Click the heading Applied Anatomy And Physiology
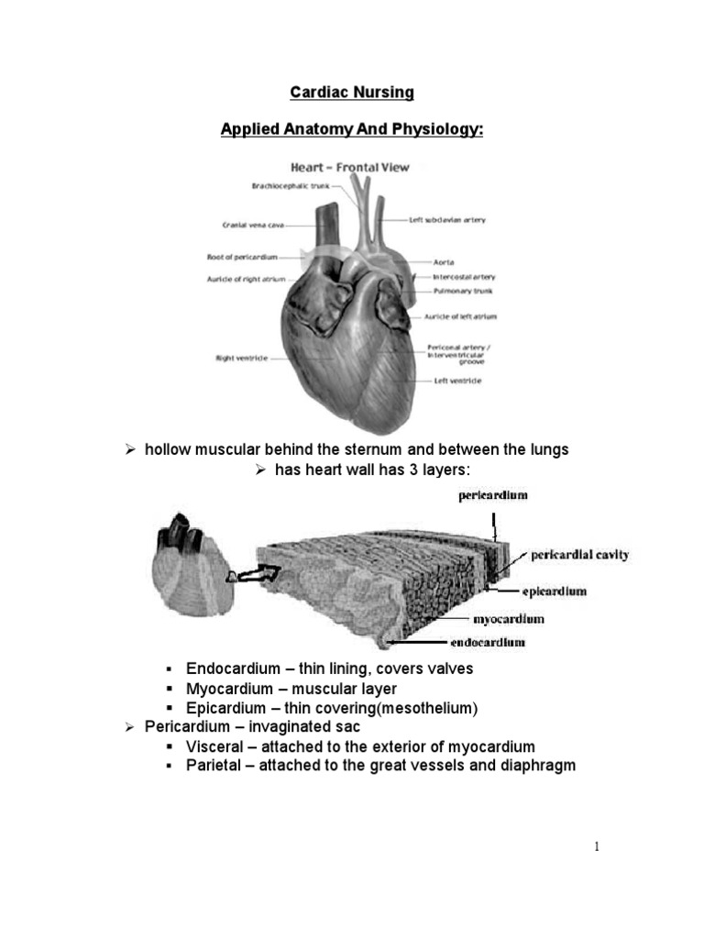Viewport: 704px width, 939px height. point(352,129)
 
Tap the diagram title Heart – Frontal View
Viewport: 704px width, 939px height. point(349,168)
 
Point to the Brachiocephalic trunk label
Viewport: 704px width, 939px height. point(290,186)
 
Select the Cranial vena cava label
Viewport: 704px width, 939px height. point(245,224)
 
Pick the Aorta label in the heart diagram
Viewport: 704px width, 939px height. point(444,262)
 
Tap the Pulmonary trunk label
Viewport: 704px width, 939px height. point(456,292)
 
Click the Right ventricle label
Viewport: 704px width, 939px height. point(241,358)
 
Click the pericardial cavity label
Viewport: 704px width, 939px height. point(579,556)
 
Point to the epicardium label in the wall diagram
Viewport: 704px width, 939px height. point(555,591)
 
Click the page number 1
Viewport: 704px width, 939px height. point(597,847)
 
